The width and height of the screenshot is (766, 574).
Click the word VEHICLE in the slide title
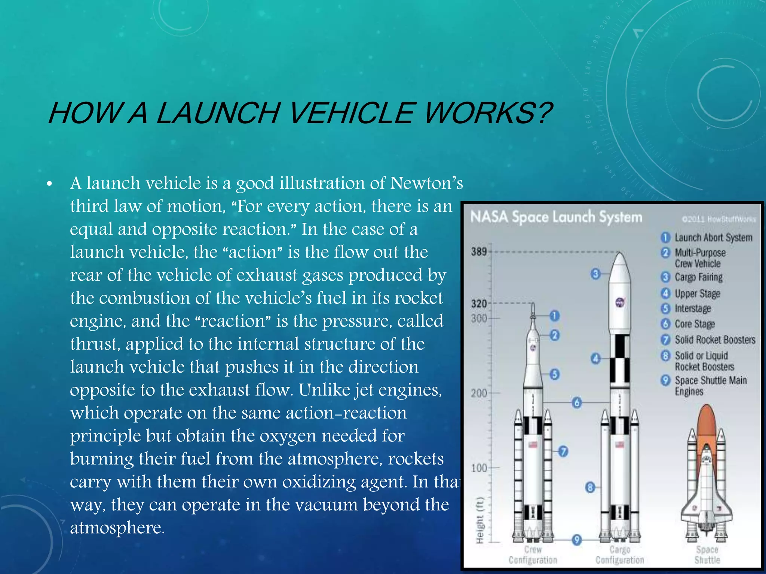point(352,113)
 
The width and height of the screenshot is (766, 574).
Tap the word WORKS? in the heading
point(488,113)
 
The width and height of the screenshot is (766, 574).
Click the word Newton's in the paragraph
point(426,183)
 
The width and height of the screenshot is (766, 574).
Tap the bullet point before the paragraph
point(49,184)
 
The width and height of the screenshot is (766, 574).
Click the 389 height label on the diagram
point(479,251)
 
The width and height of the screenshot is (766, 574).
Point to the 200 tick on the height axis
point(479,393)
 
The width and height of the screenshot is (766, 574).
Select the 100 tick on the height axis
point(479,468)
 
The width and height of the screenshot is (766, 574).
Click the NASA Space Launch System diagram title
point(556,217)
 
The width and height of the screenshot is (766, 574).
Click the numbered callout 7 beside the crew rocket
point(563,451)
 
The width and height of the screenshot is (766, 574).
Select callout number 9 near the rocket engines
point(577,540)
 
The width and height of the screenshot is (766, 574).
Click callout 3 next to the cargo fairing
point(595,274)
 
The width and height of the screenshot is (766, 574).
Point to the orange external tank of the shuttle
point(706,422)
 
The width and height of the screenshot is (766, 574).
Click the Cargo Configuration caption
point(620,555)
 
